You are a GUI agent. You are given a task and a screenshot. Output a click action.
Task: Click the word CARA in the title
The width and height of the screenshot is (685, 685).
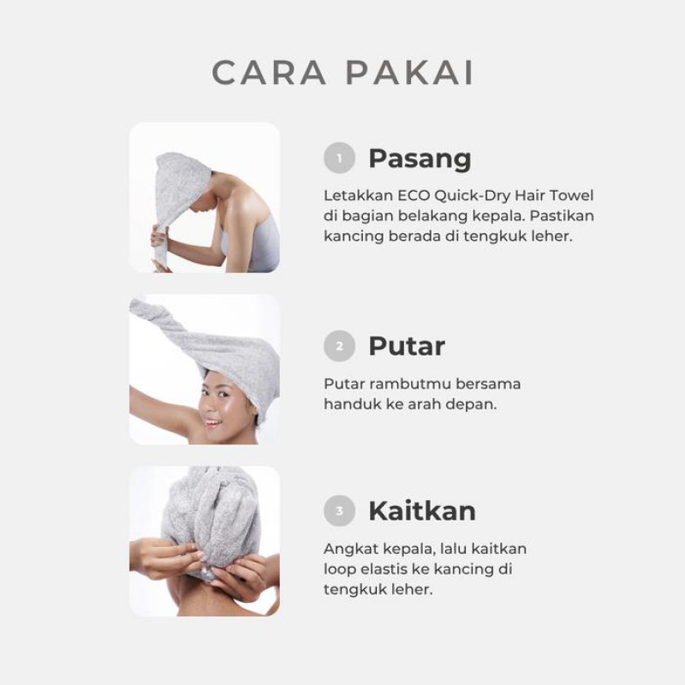coord(269,72)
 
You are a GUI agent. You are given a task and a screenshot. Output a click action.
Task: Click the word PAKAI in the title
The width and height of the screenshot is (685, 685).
coord(410,72)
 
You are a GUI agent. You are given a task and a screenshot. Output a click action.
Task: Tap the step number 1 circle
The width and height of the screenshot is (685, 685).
coord(339,158)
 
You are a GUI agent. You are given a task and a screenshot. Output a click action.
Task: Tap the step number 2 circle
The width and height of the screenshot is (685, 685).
coord(339,346)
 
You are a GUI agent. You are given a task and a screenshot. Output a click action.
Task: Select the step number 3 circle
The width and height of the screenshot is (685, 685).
coord(339,510)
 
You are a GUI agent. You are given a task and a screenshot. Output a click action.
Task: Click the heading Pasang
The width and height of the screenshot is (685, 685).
coord(420,159)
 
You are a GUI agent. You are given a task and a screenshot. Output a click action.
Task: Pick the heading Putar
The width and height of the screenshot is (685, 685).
coord(407,346)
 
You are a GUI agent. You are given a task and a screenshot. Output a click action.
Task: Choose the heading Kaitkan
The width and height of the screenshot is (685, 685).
coord(422,510)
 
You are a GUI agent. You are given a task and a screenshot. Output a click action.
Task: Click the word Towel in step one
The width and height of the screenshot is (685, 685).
coord(571,195)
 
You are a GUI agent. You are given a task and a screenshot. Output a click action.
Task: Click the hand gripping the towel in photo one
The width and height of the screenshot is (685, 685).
coord(159,236)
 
